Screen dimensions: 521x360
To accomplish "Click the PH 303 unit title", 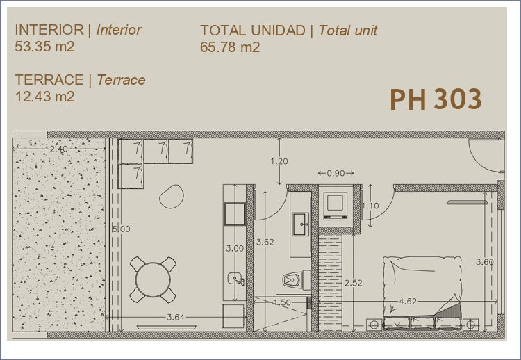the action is point(436,99).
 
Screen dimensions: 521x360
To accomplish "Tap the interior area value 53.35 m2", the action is point(44,47).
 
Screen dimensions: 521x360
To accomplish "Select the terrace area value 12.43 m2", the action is point(45,97).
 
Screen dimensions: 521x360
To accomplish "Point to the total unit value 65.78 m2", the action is point(230,47).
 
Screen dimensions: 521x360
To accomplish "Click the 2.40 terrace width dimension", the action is point(59,149).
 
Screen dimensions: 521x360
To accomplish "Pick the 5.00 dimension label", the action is point(122,229).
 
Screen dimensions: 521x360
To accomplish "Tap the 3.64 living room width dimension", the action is point(176,317).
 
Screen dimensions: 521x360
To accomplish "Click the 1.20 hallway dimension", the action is point(279,161).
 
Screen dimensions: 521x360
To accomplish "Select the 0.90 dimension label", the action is point(336,173).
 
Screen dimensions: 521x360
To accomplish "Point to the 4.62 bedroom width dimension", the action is point(408,302).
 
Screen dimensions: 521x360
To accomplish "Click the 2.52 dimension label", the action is point(353,284).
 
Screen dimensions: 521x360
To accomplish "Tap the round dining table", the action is point(153,279).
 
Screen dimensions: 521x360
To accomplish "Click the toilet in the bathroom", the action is point(297,279).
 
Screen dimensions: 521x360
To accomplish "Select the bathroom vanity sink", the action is point(301,224).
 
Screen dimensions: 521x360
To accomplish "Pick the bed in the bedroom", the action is point(422,293).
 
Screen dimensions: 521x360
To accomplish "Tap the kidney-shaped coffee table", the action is point(172,197).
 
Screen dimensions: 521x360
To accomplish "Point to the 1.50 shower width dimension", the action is point(282,302).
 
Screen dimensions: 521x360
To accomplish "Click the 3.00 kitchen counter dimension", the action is point(235,248).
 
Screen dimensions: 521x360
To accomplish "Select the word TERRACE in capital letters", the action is point(49,80).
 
